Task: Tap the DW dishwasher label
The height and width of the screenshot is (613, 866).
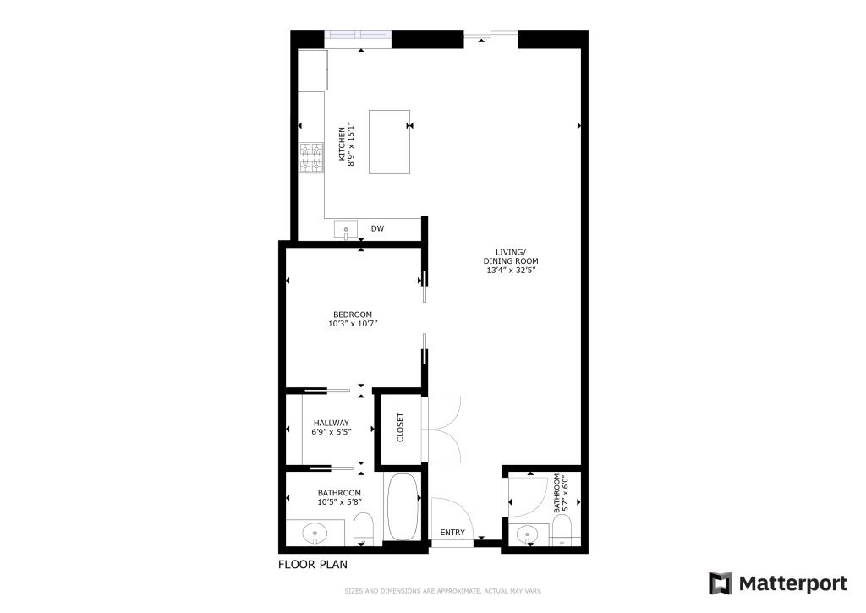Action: pyautogui.click(x=378, y=228)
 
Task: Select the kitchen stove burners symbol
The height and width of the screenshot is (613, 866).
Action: pyautogui.click(x=311, y=157)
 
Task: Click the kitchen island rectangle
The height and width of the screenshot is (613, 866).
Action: pyautogui.click(x=389, y=142)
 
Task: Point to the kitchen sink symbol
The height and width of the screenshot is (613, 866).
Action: pyautogui.click(x=346, y=229)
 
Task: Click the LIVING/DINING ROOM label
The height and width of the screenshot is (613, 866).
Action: pyautogui.click(x=511, y=256)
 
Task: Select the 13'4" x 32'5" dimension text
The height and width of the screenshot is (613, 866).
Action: pyautogui.click(x=511, y=270)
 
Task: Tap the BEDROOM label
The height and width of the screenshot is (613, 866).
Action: pyautogui.click(x=353, y=315)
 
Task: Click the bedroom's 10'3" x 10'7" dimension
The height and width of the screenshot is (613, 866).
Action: pyautogui.click(x=353, y=324)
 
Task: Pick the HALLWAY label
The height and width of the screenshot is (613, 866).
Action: pyautogui.click(x=332, y=423)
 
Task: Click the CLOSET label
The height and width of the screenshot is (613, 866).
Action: pyautogui.click(x=400, y=428)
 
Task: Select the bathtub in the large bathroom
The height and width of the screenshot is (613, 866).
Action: pyautogui.click(x=403, y=507)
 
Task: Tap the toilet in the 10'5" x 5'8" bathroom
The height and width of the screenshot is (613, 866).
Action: pyautogui.click(x=364, y=528)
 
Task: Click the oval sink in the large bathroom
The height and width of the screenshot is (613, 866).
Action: pyautogui.click(x=315, y=534)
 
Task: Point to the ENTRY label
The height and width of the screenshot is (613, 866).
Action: pyautogui.click(x=452, y=533)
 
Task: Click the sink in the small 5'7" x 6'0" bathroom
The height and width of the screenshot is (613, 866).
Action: pyautogui.click(x=528, y=534)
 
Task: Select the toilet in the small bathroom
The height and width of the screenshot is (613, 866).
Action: pyautogui.click(x=562, y=531)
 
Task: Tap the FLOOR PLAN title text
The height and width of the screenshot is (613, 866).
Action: pyautogui.click(x=313, y=565)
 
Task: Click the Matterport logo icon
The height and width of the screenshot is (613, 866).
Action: pyautogui.click(x=721, y=583)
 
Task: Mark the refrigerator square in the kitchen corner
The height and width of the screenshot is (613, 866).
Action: pyautogui.click(x=313, y=70)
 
